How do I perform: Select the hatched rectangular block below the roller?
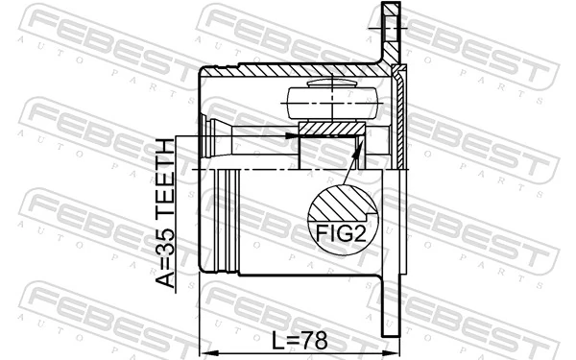[x=331, y=129]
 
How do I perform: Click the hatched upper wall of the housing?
[x=288, y=71]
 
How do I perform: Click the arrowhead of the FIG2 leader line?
[x=360, y=144]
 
